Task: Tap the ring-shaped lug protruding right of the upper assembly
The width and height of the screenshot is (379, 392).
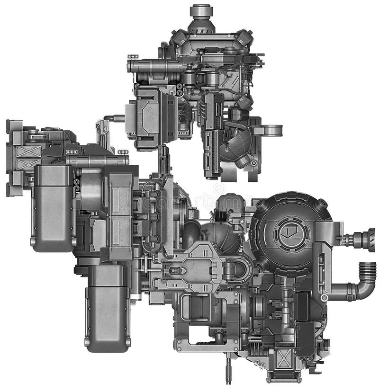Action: point(273,130)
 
